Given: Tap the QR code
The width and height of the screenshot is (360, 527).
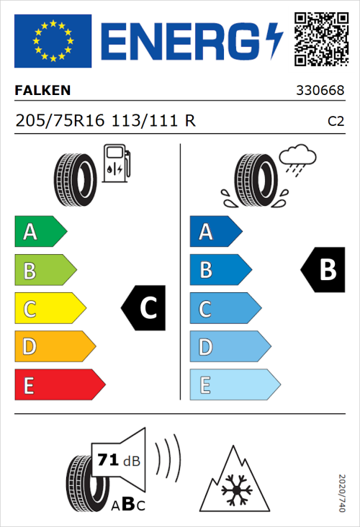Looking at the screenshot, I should point(320,39).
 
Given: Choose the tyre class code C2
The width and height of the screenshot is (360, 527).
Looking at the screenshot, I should point(336,122).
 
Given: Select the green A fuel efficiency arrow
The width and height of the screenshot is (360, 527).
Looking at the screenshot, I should point(39,232).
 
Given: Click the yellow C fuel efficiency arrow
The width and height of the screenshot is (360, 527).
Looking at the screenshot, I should point(49,309).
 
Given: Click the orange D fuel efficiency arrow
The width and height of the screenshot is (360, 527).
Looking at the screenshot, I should point(54,347).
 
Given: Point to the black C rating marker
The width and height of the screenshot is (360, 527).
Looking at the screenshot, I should point(144,308).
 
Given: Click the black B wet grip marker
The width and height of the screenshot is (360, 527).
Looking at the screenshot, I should point(323,270).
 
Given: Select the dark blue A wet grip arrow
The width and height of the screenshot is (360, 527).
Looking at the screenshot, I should point(215,232).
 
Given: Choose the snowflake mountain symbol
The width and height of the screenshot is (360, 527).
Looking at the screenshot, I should point(234,480).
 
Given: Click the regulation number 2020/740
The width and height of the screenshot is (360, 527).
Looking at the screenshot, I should point(343,492).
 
